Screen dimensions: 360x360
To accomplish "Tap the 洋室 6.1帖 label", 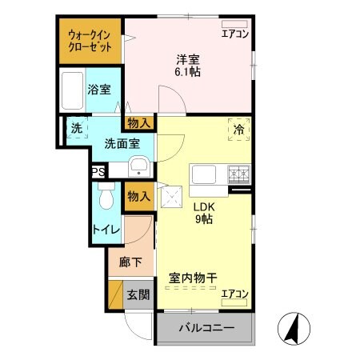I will (188, 63).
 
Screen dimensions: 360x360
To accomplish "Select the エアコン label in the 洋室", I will (235, 34).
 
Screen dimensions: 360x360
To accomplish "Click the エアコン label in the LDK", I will (235, 294).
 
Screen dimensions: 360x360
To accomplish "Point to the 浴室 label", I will (99, 90).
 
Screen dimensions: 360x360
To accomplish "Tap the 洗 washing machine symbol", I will (76, 128).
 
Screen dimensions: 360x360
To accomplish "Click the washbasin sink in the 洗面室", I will (138, 167).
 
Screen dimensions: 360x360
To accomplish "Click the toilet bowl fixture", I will (106, 200).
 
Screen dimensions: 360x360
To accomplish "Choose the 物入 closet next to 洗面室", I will (139, 122).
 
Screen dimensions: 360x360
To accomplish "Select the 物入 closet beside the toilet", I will (139, 197).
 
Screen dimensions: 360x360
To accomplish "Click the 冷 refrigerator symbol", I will (238, 127).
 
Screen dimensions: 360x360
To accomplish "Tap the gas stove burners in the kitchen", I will (238, 172).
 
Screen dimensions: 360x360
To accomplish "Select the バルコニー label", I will (205, 328).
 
